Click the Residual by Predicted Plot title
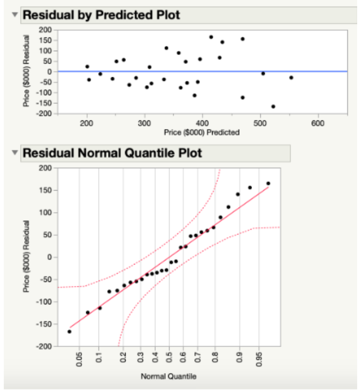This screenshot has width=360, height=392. [x=101, y=15]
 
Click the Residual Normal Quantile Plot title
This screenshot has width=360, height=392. [x=112, y=153]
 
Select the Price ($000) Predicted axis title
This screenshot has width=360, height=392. [x=202, y=132]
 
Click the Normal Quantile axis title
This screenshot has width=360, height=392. [x=168, y=376]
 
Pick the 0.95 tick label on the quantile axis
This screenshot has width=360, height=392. [x=259, y=358]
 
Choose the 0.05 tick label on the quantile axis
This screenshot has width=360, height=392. [x=80, y=358]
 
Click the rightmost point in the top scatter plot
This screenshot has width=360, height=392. [x=291, y=77]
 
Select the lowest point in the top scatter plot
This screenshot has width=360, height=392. [x=273, y=107]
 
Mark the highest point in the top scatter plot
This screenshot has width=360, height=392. [x=211, y=37]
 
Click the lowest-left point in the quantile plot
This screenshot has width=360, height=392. [x=69, y=331]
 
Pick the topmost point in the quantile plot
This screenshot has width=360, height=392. [x=268, y=183]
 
